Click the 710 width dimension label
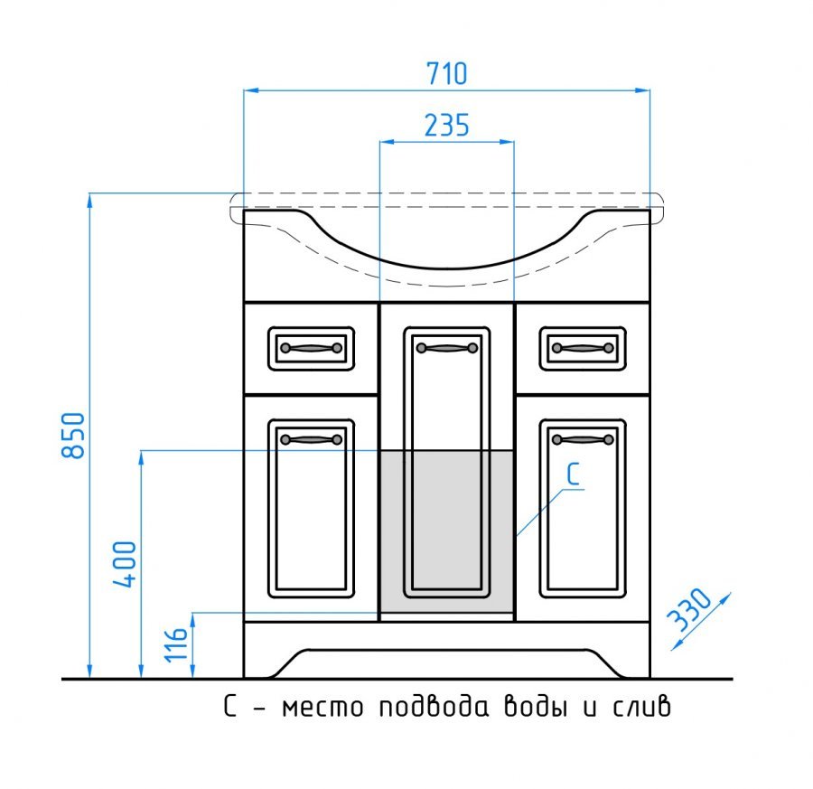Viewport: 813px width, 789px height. pyautogui.click(x=447, y=72)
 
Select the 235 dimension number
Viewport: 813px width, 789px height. pyautogui.click(x=447, y=125)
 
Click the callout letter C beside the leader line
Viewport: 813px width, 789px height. pyautogui.click(x=573, y=474)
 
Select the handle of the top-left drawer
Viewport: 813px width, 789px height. pyautogui.click(x=311, y=347)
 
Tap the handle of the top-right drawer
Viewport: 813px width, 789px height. pyautogui.click(x=583, y=347)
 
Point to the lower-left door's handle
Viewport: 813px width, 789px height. pyautogui.click(x=311, y=439)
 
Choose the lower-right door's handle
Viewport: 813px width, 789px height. pyautogui.click(x=583, y=439)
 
